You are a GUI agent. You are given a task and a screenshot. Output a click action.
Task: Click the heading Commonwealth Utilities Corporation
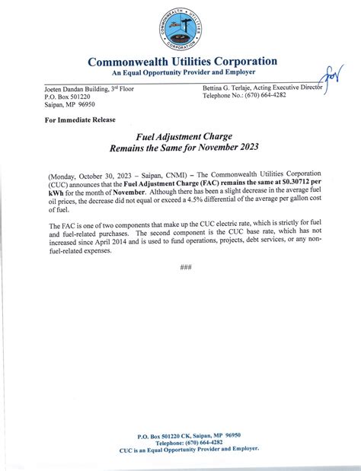point(183,62)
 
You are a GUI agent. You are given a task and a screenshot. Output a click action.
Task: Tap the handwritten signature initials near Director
point(332,77)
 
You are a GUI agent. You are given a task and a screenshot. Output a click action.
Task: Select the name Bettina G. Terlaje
point(231,90)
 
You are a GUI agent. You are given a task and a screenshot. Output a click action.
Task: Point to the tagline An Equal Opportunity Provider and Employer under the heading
point(183,72)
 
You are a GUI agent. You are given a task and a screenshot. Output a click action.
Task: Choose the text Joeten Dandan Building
point(69,90)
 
